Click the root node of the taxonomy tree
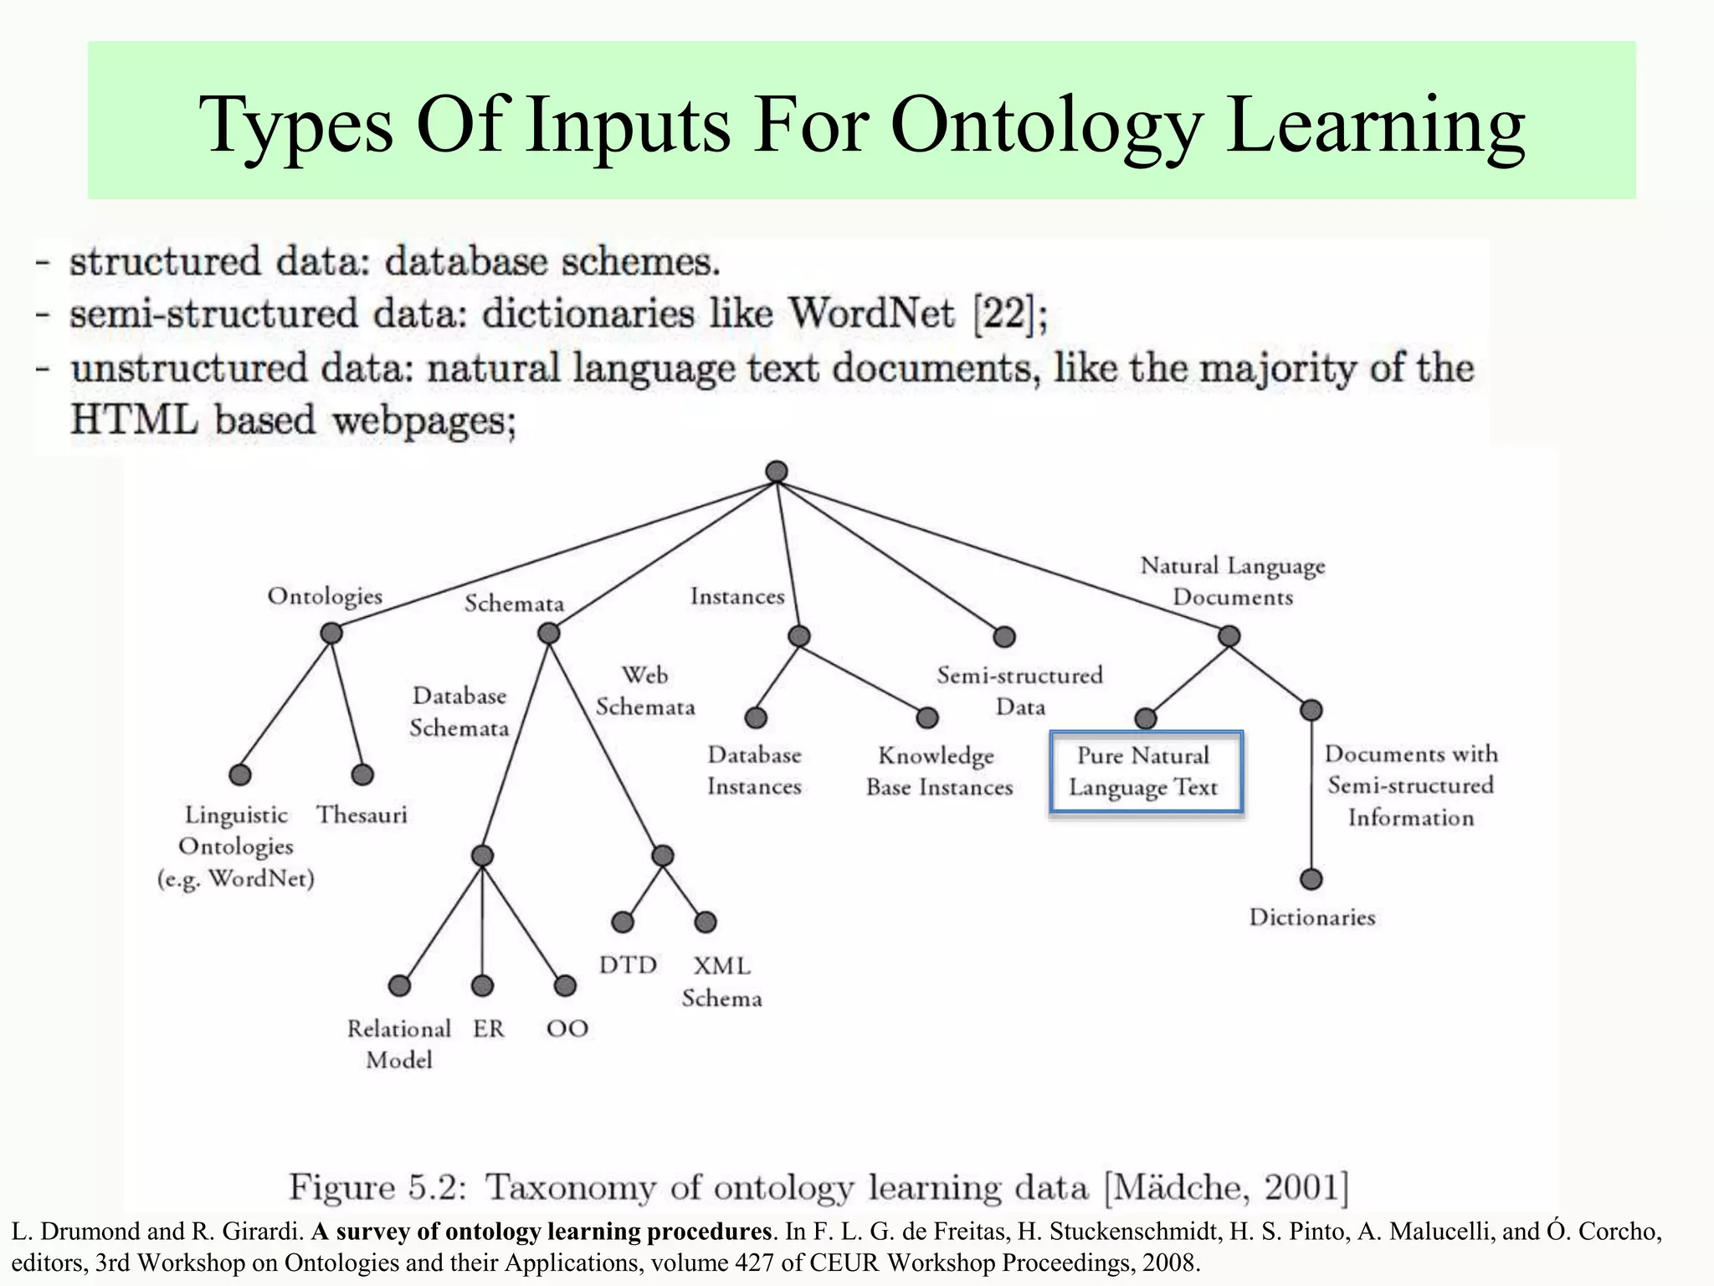(x=777, y=471)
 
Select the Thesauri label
(x=362, y=815)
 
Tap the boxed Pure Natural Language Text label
(x=1144, y=772)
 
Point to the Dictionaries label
(x=1311, y=918)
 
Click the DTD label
(x=628, y=965)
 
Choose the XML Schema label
(x=721, y=982)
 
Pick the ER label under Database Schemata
(x=489, y=1029)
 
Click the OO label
(x=567, y=1029)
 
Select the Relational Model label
(x=399, y=1044)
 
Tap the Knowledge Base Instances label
(x=938, y=771)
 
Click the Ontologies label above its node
(x=325, y=596)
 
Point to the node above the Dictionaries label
(x=1311, y=880)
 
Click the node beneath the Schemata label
(x=548, y=634)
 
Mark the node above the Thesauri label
(x=362, y=774)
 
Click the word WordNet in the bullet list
(x=871, y=315)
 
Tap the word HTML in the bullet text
(x=134, y=419)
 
